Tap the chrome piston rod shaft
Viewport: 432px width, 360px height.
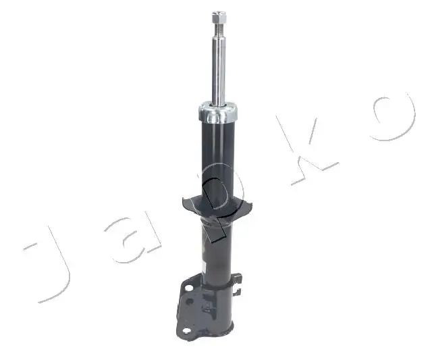click(x=219, y=68)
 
